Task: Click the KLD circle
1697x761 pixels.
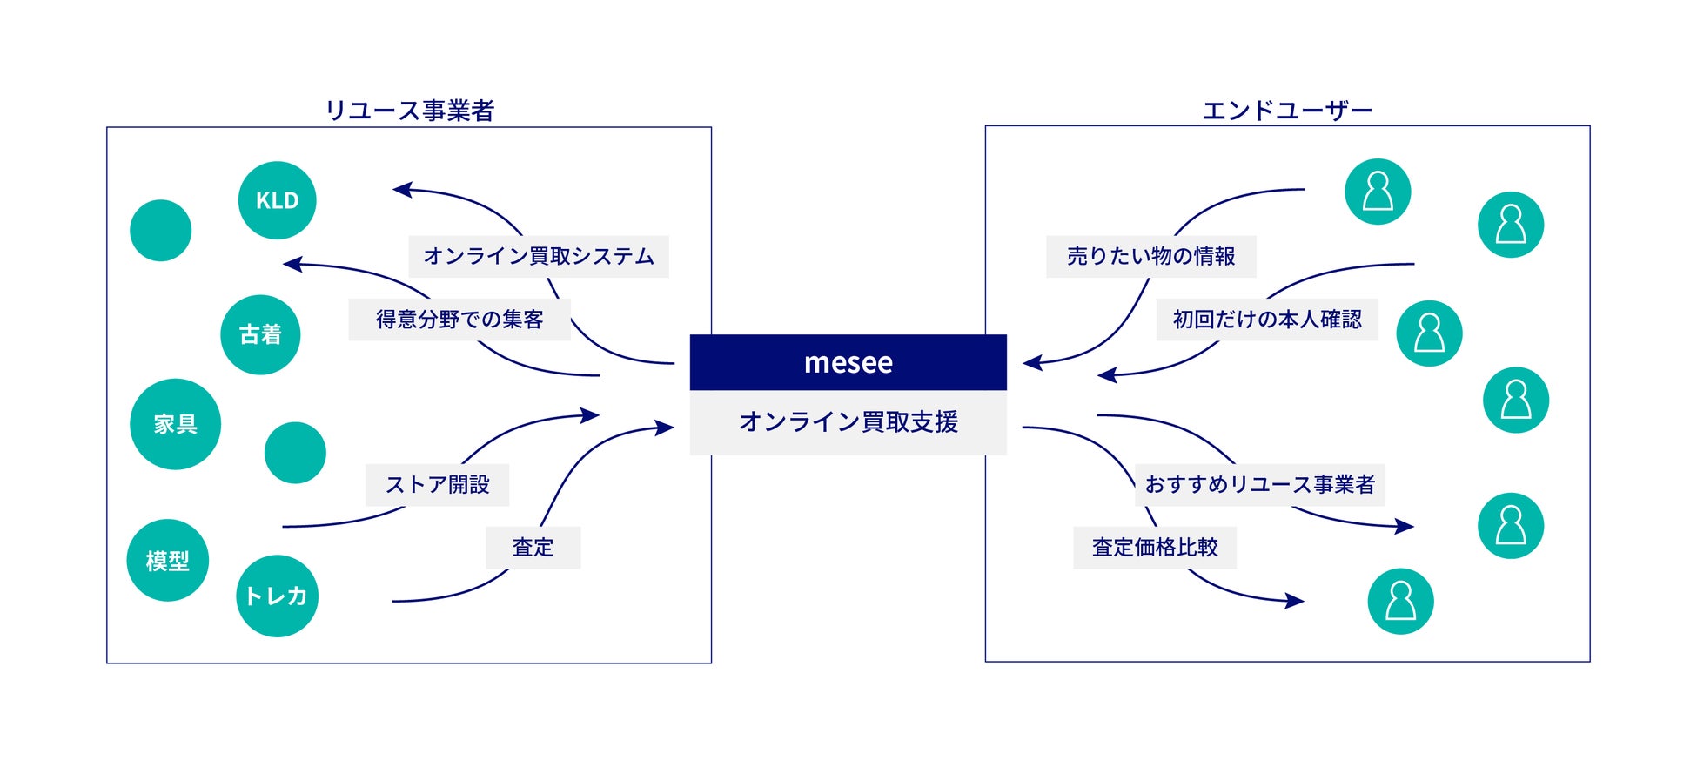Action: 277,200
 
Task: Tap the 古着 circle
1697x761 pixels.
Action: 260,334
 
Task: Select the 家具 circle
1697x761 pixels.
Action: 175,424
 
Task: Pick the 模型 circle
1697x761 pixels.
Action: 167,561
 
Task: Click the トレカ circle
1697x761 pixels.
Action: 277,596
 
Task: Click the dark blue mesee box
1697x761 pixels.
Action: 848,362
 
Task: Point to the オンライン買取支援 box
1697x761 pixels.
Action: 848,422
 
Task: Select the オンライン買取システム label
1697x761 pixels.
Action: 538,256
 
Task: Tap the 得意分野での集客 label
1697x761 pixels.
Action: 459,320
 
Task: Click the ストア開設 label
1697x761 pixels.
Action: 437,485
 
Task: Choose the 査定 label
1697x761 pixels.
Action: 533,548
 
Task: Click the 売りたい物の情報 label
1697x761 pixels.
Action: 1150,256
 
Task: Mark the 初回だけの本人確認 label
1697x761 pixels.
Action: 1266,320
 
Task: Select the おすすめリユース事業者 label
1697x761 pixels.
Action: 1259,485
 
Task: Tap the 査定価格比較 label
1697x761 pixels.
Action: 1154,548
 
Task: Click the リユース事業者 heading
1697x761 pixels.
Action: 409,111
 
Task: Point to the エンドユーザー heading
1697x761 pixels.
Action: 1286,111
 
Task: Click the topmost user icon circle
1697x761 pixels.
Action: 1378,192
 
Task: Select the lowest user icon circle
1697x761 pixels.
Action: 1400,601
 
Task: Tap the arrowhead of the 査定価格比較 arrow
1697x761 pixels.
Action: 1296,600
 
